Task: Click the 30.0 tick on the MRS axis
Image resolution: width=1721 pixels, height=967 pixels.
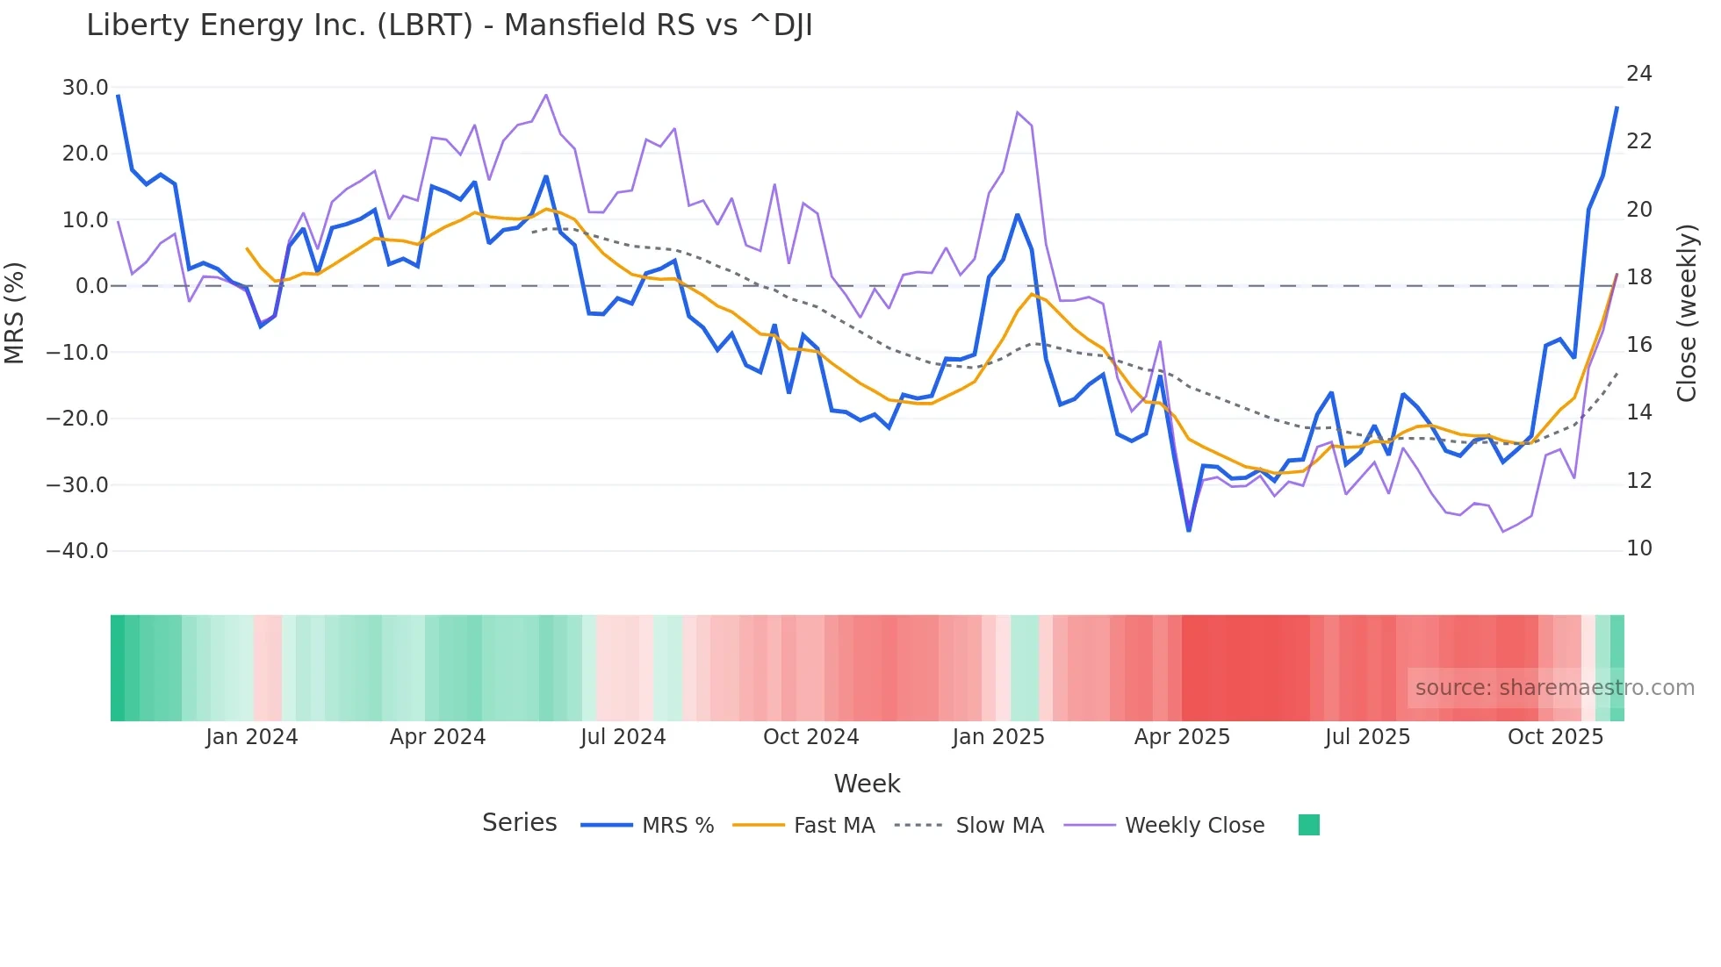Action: tap(85, 88)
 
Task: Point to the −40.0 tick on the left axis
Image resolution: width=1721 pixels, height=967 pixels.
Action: tap(77, 551)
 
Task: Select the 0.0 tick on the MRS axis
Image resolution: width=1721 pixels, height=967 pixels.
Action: tap(91, 286)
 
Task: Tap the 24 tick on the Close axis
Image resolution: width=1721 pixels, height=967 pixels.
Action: tap(1638, 74)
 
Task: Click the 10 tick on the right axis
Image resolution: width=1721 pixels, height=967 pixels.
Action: tap(1638, 548)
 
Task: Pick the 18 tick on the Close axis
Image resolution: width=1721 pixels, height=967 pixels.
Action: tap(1638, 277)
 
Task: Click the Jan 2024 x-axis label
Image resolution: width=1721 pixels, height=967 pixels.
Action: tap(252, 737)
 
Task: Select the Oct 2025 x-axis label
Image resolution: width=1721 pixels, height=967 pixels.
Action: tap(1555, 737)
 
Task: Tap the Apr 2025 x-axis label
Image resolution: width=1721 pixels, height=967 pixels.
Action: tap(1182, 737)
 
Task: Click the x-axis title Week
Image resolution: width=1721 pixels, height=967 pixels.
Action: tap(867, 784)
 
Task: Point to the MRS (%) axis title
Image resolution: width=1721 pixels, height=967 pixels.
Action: tap(15, 312)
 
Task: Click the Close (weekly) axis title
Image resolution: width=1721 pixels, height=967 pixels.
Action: tap(1687, 312)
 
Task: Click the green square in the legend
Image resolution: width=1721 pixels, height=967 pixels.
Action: tap(1308, 825)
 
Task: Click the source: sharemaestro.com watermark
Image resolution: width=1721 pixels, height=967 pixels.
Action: tap(1554, 688)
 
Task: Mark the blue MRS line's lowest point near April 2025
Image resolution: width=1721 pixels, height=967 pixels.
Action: tap(1189, 530)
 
